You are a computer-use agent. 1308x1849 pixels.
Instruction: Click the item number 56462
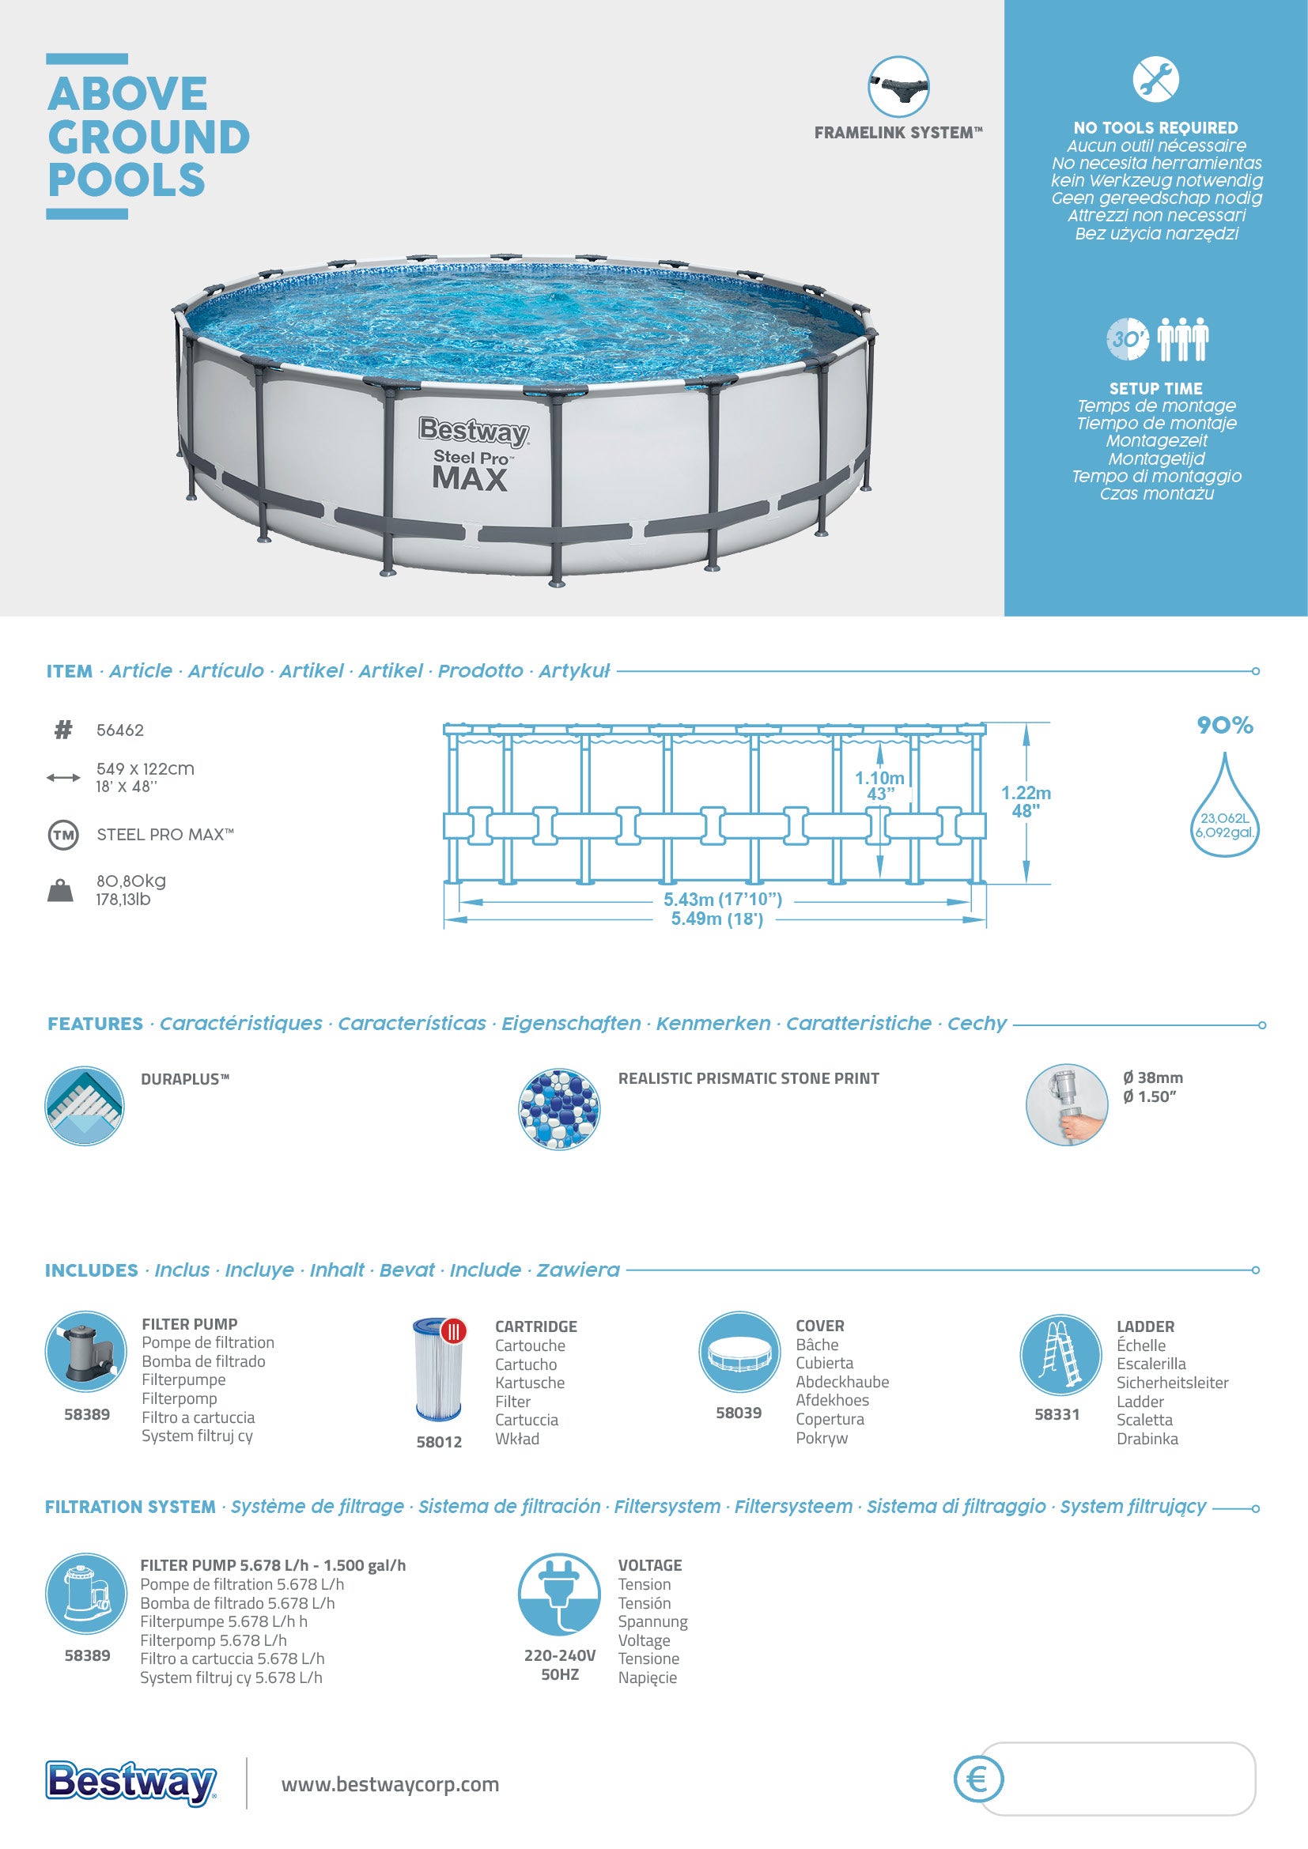point(120,730)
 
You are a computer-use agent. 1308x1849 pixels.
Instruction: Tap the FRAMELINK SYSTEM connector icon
point(898,87)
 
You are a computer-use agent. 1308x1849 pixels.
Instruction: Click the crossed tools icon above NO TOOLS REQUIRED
point(1156,79)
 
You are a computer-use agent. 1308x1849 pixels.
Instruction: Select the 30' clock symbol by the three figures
point(1127,339)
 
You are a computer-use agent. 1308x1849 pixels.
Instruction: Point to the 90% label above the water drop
point(1224,726)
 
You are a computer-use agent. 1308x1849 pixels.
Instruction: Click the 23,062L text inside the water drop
point(1224,818)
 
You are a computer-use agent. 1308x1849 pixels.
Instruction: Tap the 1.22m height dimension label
point(1026,793)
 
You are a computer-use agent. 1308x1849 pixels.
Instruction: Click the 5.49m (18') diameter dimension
point(716,919)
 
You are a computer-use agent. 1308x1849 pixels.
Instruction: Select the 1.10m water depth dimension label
point(879,778)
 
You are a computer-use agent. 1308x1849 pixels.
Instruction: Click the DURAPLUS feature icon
point(85,1106)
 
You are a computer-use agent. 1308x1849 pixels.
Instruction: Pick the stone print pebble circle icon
point(559,1108)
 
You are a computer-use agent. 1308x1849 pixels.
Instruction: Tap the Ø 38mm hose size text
point(1152,1077)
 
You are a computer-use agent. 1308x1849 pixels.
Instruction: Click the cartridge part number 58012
point(439,1442)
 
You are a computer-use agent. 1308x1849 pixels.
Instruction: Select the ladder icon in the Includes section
point(1060,1353)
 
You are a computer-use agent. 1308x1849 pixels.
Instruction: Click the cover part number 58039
point(739,1413)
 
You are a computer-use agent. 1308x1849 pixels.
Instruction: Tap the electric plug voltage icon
point(559,1594)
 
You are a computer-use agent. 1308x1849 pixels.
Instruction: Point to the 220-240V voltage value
point(560,1656)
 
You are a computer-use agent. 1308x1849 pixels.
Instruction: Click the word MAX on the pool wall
point(470,479)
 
